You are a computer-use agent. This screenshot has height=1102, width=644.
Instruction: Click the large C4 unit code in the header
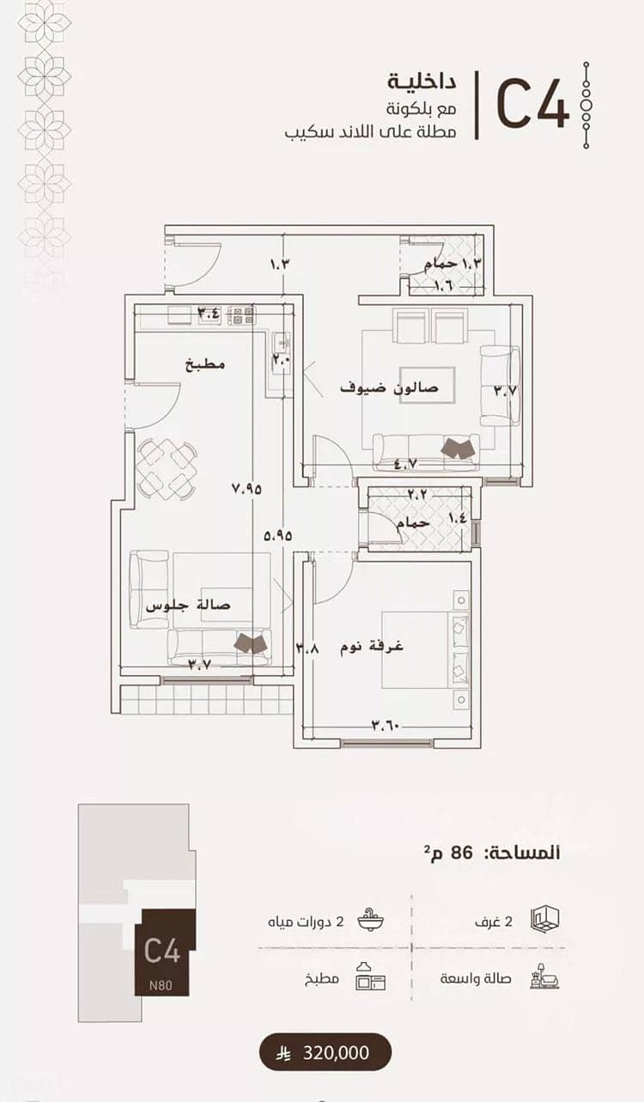[x=532, y=106]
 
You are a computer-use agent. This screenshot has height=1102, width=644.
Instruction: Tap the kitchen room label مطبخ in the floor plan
[x=205, y=364]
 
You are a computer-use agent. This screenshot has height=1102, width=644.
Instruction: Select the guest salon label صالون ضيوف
[x=389, y=387]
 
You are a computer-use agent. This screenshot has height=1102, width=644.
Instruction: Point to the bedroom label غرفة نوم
[x=372, y=646]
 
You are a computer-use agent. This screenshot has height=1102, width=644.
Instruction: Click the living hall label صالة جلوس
[x=188, y=606]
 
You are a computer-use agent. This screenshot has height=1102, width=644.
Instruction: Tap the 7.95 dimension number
[x=246, y=489]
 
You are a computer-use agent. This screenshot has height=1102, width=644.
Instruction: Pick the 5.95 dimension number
[x=278, y=535]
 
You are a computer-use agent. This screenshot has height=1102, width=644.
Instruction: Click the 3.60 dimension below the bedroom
[x=386, y=725]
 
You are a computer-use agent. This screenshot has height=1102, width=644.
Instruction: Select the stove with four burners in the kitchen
[x=241, y=315]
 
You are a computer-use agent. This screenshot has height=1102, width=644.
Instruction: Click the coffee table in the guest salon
[x=428, y=385]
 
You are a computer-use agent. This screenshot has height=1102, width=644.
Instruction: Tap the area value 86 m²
[x=448, y=853]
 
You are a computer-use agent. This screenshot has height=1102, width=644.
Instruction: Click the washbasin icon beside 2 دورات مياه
[x=371, y=921]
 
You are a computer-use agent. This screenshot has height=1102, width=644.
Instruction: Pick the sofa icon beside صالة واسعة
[x=545, y=978]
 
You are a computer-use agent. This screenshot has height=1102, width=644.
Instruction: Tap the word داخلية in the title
[x=422, y=82]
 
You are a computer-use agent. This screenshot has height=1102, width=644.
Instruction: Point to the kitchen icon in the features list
[x=370, y=978]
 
